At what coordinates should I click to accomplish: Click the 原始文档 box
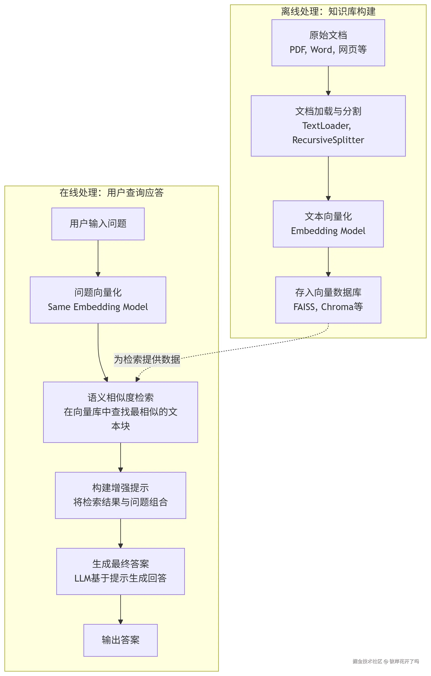click(328, 43)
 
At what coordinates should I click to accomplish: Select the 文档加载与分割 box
click(328, 126)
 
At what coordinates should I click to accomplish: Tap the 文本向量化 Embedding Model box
click(328, 224)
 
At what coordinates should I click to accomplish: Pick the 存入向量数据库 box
click(328, 300)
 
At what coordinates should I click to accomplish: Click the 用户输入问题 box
click(98, 224)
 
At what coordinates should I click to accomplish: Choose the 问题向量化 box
click(98, 300)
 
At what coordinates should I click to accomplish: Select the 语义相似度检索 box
click(120, 412)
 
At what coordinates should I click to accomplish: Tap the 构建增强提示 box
click(120, 495)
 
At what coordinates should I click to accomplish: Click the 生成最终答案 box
click(120, 571)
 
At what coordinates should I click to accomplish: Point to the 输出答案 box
click(120, 640)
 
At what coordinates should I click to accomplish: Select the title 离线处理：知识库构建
click(328, 11)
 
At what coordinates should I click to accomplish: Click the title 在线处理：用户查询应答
click(111, 193)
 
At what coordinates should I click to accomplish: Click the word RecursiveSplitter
click(328, 140)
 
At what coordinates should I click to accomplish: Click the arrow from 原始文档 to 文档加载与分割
click(328, 81)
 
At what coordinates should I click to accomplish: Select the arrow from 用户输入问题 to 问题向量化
click(98, 258)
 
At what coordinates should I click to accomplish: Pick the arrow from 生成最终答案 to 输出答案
click(120, 609)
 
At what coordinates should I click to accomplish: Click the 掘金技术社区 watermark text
click(367, 661)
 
